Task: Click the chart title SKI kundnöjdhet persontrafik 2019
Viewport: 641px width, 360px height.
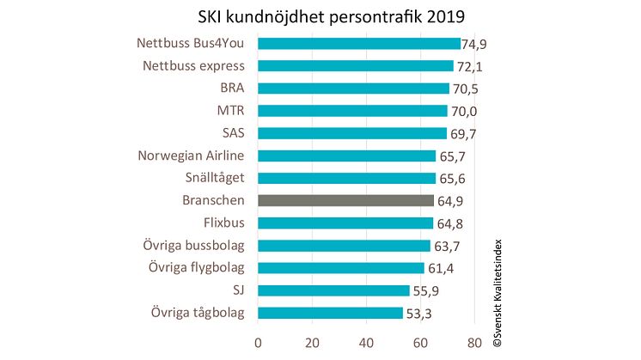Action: click(x=320, y=18)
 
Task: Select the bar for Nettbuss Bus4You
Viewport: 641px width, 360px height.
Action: click(x=359, y=43)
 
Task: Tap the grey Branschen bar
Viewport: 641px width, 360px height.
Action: click(x=345, y=200)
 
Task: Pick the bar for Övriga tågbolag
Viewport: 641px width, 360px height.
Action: click(x=330, y=313)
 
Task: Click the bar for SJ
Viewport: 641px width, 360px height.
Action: click(x=333, y=290)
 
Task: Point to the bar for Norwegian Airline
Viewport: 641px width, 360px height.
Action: click(x=347, y=156)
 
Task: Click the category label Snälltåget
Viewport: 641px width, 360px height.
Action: click(x=209, y=178)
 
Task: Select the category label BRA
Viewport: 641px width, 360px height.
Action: click(x=232, y=88)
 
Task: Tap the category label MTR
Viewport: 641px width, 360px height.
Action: click(x=231, y=110)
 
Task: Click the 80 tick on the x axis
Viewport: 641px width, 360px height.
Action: click(x=475, y=341)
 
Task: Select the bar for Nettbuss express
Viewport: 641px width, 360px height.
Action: click(x=356, y=65)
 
